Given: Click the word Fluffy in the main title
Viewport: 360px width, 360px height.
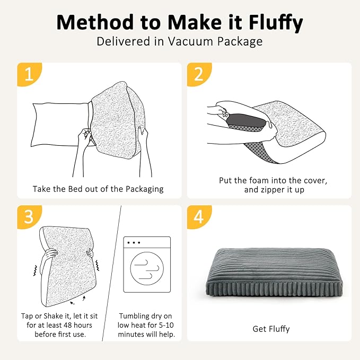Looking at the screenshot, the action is click(276, 22).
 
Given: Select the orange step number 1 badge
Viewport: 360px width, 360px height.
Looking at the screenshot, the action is click(29, 74).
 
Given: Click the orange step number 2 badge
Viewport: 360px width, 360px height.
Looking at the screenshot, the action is click(199, 74).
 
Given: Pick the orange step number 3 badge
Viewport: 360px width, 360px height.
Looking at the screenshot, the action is click(29, 217).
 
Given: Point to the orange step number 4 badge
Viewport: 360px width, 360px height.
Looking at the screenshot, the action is click(199, 217).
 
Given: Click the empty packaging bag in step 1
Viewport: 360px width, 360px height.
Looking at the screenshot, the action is click(60, 125).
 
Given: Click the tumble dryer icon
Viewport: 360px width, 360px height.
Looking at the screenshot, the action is click(147, 265).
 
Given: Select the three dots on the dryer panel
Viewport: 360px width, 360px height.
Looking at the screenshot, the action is click(134, 242).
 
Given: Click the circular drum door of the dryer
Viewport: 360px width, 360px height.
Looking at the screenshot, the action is click(147, 268).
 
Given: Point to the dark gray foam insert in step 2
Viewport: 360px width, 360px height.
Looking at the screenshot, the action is click(246, 121).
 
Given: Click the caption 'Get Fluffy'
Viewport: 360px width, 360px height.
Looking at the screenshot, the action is click(271, 329).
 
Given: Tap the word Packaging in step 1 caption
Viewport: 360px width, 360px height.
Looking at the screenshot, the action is click(145, 189).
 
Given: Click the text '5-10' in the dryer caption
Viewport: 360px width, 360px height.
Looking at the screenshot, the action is click(166, 325).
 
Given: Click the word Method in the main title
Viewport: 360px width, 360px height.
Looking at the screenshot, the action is click(95, 22).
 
